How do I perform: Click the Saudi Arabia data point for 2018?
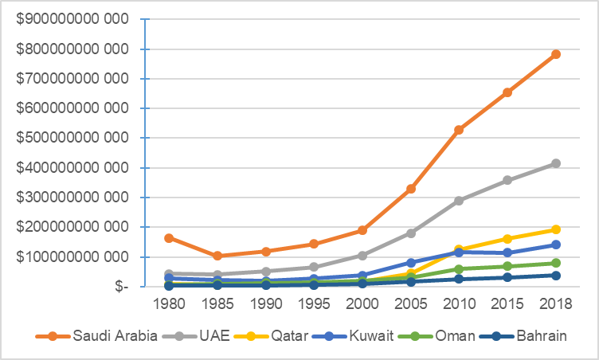click(x=556, y=54)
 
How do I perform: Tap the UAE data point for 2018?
click(x=556, y=163)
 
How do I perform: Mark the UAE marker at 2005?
click(x=411, y=233)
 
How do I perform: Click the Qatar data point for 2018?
click(x=556, y=229)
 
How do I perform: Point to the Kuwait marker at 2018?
click(x=556, y=245)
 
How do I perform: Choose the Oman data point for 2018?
click(x=556, y=263)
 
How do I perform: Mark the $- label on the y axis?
click(x=119, y=287)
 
